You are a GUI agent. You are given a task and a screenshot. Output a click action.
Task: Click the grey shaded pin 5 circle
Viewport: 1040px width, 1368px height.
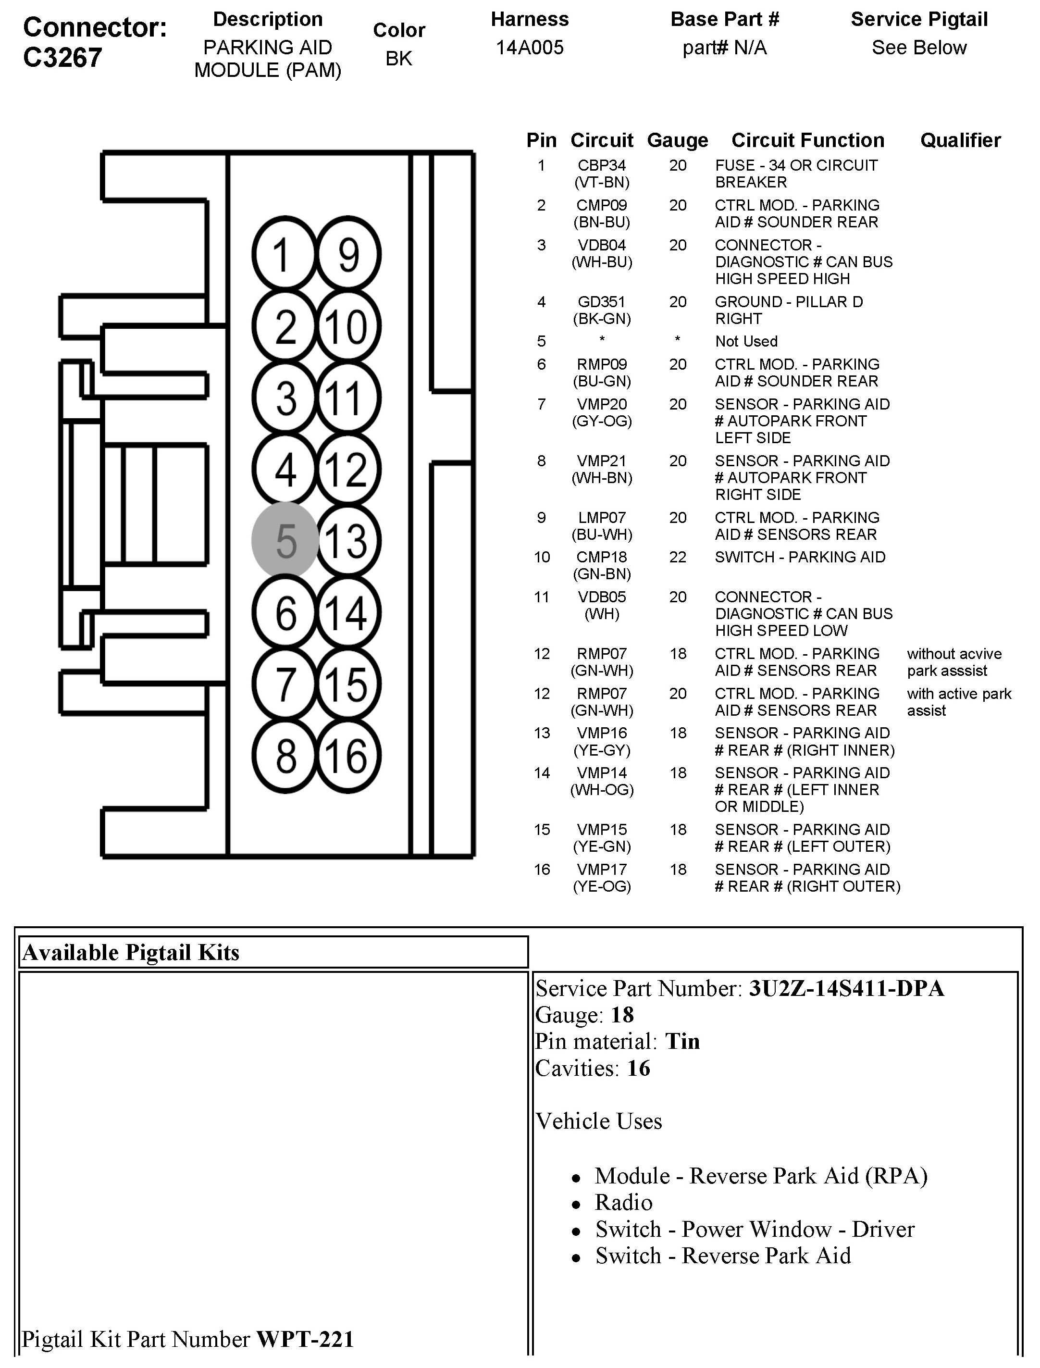click(285, 540)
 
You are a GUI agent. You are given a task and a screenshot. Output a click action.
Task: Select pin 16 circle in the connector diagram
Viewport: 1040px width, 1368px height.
click(348, 756)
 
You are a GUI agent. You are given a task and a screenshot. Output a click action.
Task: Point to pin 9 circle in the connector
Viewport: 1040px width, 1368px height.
click(348, 254)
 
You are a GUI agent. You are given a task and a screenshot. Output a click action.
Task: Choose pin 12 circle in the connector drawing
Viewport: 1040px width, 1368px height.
click(348, 469)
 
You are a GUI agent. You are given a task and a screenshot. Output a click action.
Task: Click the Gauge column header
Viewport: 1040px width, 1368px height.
click(677, 140)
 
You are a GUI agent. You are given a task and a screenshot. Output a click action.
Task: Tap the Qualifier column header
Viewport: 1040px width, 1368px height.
click(960, 140)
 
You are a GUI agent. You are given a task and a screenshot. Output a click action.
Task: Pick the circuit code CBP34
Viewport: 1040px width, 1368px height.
click(602, 165)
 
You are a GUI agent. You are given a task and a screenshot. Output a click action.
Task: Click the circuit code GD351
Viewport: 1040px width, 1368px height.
click(602, 301)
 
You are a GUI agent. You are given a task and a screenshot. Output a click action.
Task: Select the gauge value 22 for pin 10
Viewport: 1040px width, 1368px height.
click(677, 557)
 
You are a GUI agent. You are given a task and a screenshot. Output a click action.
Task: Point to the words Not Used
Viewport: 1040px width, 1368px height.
click(746, 341)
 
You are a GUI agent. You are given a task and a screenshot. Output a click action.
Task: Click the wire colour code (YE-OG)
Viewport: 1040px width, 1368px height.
click(602, 886)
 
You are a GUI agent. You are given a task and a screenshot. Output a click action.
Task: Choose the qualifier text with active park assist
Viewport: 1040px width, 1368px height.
click(958, 702)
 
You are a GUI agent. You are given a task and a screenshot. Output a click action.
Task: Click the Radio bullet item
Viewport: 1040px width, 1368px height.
click(623, 1202)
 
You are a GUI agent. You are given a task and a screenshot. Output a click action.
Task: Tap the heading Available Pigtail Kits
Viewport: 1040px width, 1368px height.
click(131, 953)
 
